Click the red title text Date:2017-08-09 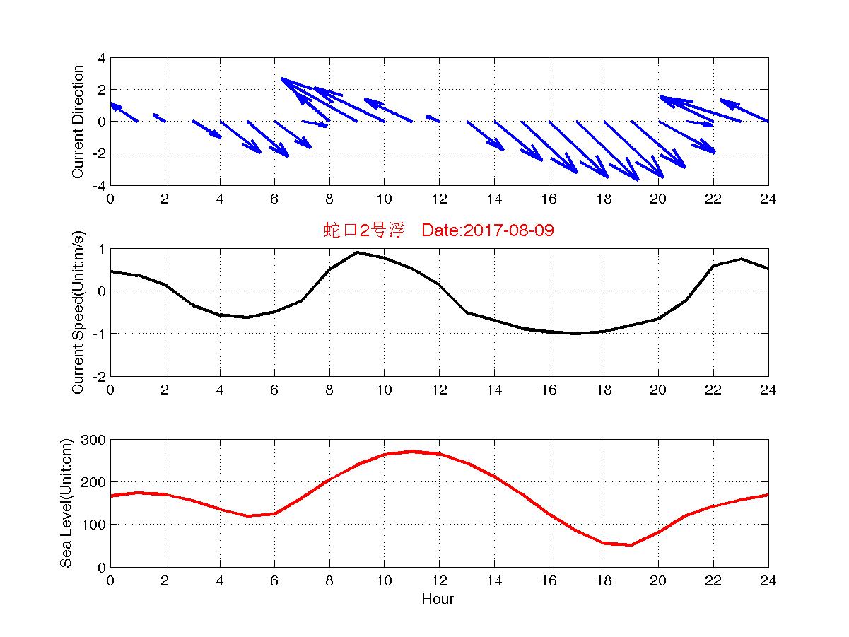[487, 230]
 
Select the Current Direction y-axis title [78, 122]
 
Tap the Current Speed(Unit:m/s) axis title [78, 312]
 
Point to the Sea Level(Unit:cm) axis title [66, 503]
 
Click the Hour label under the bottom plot [438, 600]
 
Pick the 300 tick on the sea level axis [96, 440]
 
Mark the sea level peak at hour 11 [412, 451]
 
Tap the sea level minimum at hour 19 [631, 544]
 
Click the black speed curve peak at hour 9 [357, 252]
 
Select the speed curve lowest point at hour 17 [576, 334]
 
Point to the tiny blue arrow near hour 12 [433, 118]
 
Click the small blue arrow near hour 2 [159, 117]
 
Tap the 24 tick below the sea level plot [768, 581]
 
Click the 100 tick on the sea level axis [96, 525]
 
